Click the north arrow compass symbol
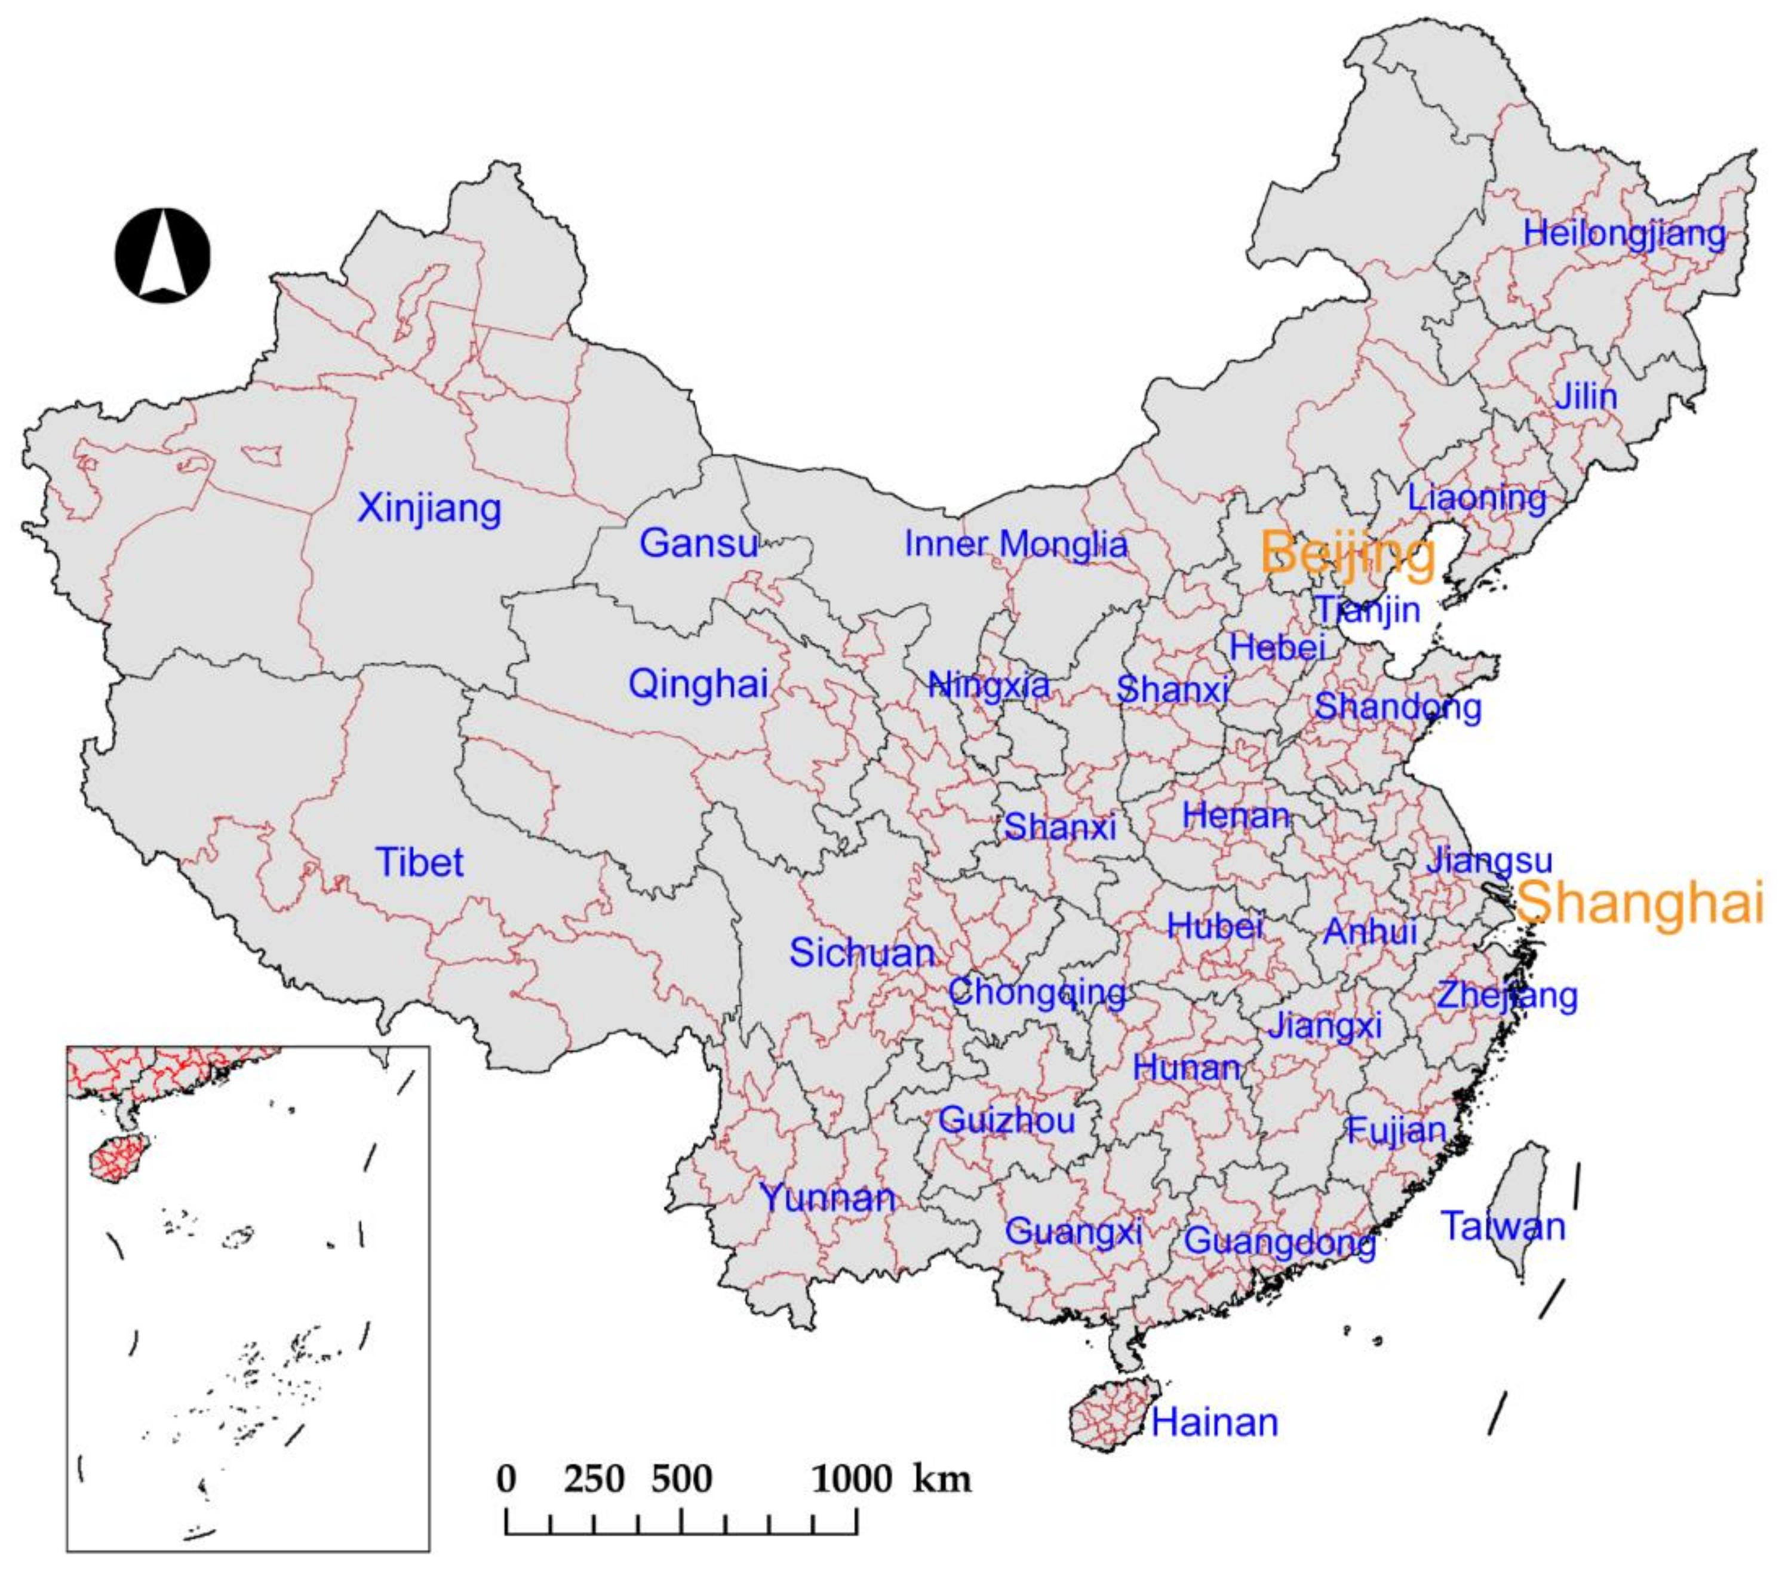pos(163,256)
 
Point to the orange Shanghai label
pos(1640,902)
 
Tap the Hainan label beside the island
pos(1215,1422)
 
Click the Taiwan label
pos(1502,1227)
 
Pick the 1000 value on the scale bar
pos(852,1480)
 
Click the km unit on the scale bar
pos(942,1480)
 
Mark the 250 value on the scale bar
pos(594,1480)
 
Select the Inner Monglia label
pos(1016,545)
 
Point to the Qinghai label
pos(698,684)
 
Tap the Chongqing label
pos(1037,992)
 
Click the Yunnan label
pos(827,1198)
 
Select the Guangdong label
pos(1280,1241)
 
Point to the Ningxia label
pos(989,685)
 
